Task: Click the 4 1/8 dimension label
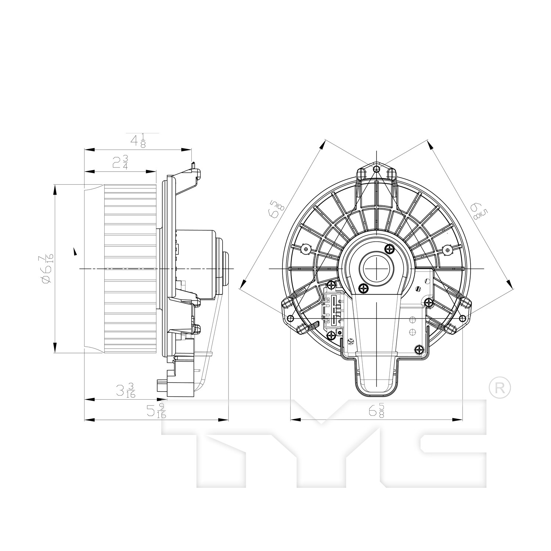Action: coord(138,140)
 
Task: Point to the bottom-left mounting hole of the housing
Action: coord(291,318)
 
